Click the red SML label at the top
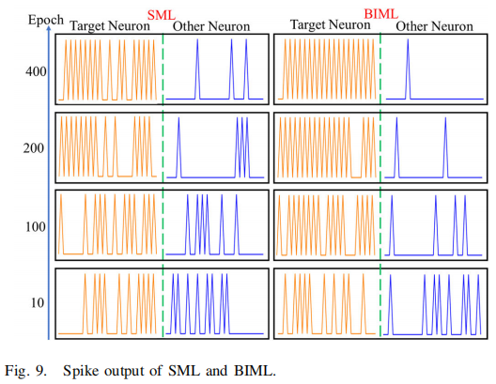[x=162, y=12]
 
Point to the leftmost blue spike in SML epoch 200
[x=178, y=150]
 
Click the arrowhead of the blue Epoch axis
[x=48, y=33]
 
